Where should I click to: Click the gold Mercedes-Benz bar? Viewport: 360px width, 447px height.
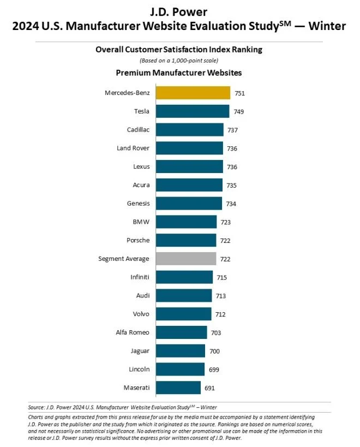point(193,93)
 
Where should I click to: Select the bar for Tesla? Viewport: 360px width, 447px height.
point(192,111)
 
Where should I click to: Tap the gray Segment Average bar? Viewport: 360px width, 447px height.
point(185,259)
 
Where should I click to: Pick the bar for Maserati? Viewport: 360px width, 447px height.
point(178,388)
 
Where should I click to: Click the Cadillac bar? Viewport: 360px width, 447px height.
point(189,130)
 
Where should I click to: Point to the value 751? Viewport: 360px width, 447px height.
point(239,93)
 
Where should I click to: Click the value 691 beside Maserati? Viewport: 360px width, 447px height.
point(210,388)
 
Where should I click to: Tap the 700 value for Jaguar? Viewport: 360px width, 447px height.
point(214,351)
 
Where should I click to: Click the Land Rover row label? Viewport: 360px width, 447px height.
point(133,148)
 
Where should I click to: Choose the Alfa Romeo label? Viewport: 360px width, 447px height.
point(133,332)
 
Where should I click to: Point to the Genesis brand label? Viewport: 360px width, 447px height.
point(137,204)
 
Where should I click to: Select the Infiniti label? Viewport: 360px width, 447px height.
point(140,277)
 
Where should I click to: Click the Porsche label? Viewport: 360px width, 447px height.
point(137,240)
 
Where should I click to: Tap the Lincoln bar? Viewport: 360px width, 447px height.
point(180,369)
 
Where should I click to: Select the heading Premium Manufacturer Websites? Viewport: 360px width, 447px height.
point(179,72)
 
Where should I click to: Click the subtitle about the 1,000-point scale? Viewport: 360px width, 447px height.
point(179,60)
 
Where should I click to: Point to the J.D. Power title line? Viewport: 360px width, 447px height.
point(179,11)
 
